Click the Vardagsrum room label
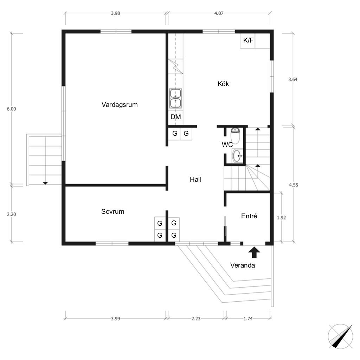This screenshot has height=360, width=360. point(120,105)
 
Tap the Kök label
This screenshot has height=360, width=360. point(223,84)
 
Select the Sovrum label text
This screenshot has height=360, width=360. point(113,211)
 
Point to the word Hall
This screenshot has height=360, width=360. point(195,180)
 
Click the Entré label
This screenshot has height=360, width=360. point(249,216)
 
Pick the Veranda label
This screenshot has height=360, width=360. point(243,265)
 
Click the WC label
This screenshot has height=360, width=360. point(227,144)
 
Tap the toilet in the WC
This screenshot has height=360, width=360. point(235,136)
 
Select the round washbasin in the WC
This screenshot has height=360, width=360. point(237,156)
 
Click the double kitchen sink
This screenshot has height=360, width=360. point(176,98)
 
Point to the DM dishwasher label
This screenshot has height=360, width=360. point(176,117)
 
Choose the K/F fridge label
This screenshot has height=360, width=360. point(248,40)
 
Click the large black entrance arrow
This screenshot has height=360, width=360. point(254,252)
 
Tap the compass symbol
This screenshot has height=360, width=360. point(340,336)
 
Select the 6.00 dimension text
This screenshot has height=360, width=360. point(11,109)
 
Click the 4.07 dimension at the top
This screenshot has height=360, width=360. point(219,13)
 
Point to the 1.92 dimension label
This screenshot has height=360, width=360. point(281,218)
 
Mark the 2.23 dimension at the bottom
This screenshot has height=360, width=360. point(196,319)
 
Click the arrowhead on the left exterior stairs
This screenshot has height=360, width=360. point(45,183)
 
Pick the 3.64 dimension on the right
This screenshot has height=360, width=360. point(293,79)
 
